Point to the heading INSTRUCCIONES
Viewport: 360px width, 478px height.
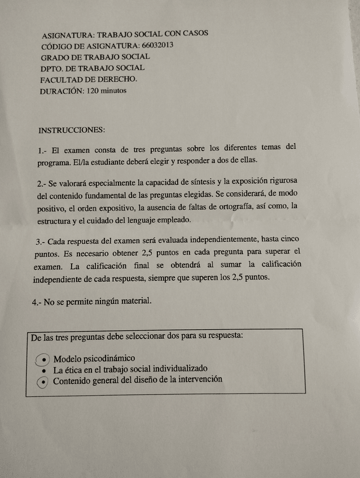coord(72,130)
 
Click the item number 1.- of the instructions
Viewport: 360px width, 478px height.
coord(42,151)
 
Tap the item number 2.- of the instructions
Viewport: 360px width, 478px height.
coord(41,184)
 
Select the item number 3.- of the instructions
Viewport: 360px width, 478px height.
coord(41,242)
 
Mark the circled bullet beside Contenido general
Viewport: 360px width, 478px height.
coord(43,382)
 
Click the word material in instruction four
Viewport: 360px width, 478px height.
coord(134,300)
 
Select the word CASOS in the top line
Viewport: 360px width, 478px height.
coord(195,33)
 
